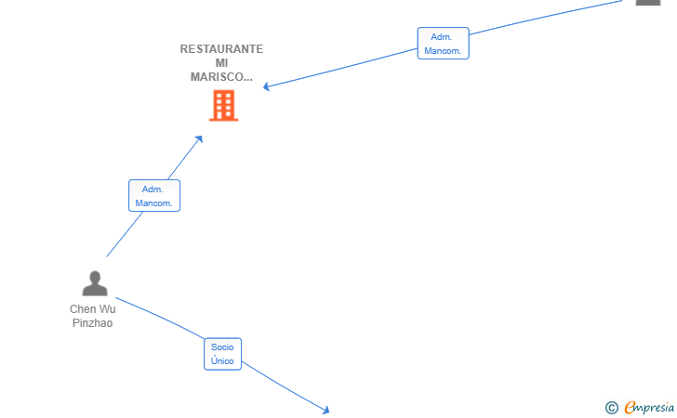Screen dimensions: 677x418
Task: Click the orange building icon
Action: click(x=223, y=105)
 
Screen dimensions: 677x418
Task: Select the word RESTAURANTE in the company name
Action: click(x=221, y=49)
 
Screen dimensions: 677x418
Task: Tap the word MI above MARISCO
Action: click(x=221, y=63)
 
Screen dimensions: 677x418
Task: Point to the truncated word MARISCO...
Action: click(x=221, y=77)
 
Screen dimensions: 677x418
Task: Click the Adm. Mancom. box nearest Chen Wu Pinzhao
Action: click(x=154, y=195)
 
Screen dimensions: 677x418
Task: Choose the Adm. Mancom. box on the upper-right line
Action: click(x=443, y=43)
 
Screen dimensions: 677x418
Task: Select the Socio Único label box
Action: click(x=222, y=354)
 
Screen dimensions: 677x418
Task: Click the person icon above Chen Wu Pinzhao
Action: click(x=95, y=283)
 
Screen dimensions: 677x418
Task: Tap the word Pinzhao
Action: click(x=92, y=323)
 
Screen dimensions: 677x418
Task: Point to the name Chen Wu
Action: click(x=93, y=309)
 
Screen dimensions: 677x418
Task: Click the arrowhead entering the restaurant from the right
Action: click(x=266, y=86)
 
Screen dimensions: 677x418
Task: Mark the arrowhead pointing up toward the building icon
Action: click(x=199, y=139)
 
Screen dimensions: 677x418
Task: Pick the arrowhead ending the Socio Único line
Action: click(x=326, y=411)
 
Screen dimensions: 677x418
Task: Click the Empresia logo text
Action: click(x=649, y=408)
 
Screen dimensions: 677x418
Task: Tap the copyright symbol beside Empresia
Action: click(x=612, y=408)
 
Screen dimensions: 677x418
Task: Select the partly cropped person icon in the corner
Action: click(x=648, y=3)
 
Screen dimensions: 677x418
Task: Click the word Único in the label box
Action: click(x=222, y=361)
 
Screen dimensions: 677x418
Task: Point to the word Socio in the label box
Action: click(x=222, y=347)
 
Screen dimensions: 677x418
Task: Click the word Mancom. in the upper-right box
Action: click(x=443, y=51)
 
